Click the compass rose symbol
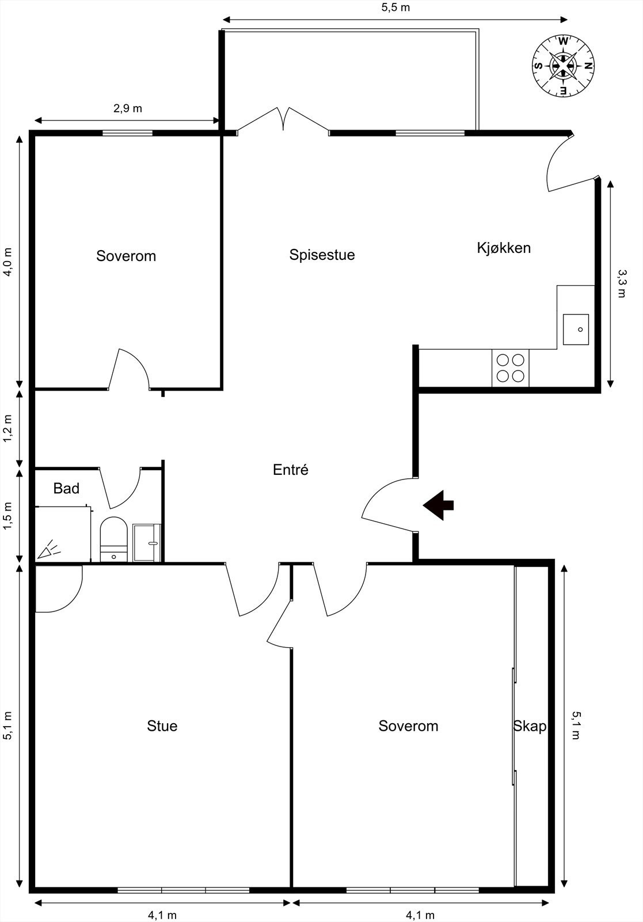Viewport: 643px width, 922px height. point(562,65)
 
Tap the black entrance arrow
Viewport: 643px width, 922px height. point(439,505)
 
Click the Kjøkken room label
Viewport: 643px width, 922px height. point(504,248)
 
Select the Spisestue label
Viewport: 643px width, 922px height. point(322,255)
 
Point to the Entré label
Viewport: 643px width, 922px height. point(291,470)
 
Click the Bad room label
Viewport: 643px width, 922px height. point(66,489)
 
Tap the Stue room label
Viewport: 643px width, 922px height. point(162,726)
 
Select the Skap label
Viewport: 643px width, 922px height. point(530,726)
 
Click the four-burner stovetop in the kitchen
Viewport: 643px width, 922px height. point(511,368)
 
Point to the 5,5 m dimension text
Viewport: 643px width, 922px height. point(395,7)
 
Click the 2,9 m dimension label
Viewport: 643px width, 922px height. point(127,108)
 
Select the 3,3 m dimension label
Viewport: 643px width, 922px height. point(621,283)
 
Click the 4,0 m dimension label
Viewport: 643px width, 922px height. point(8,262)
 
